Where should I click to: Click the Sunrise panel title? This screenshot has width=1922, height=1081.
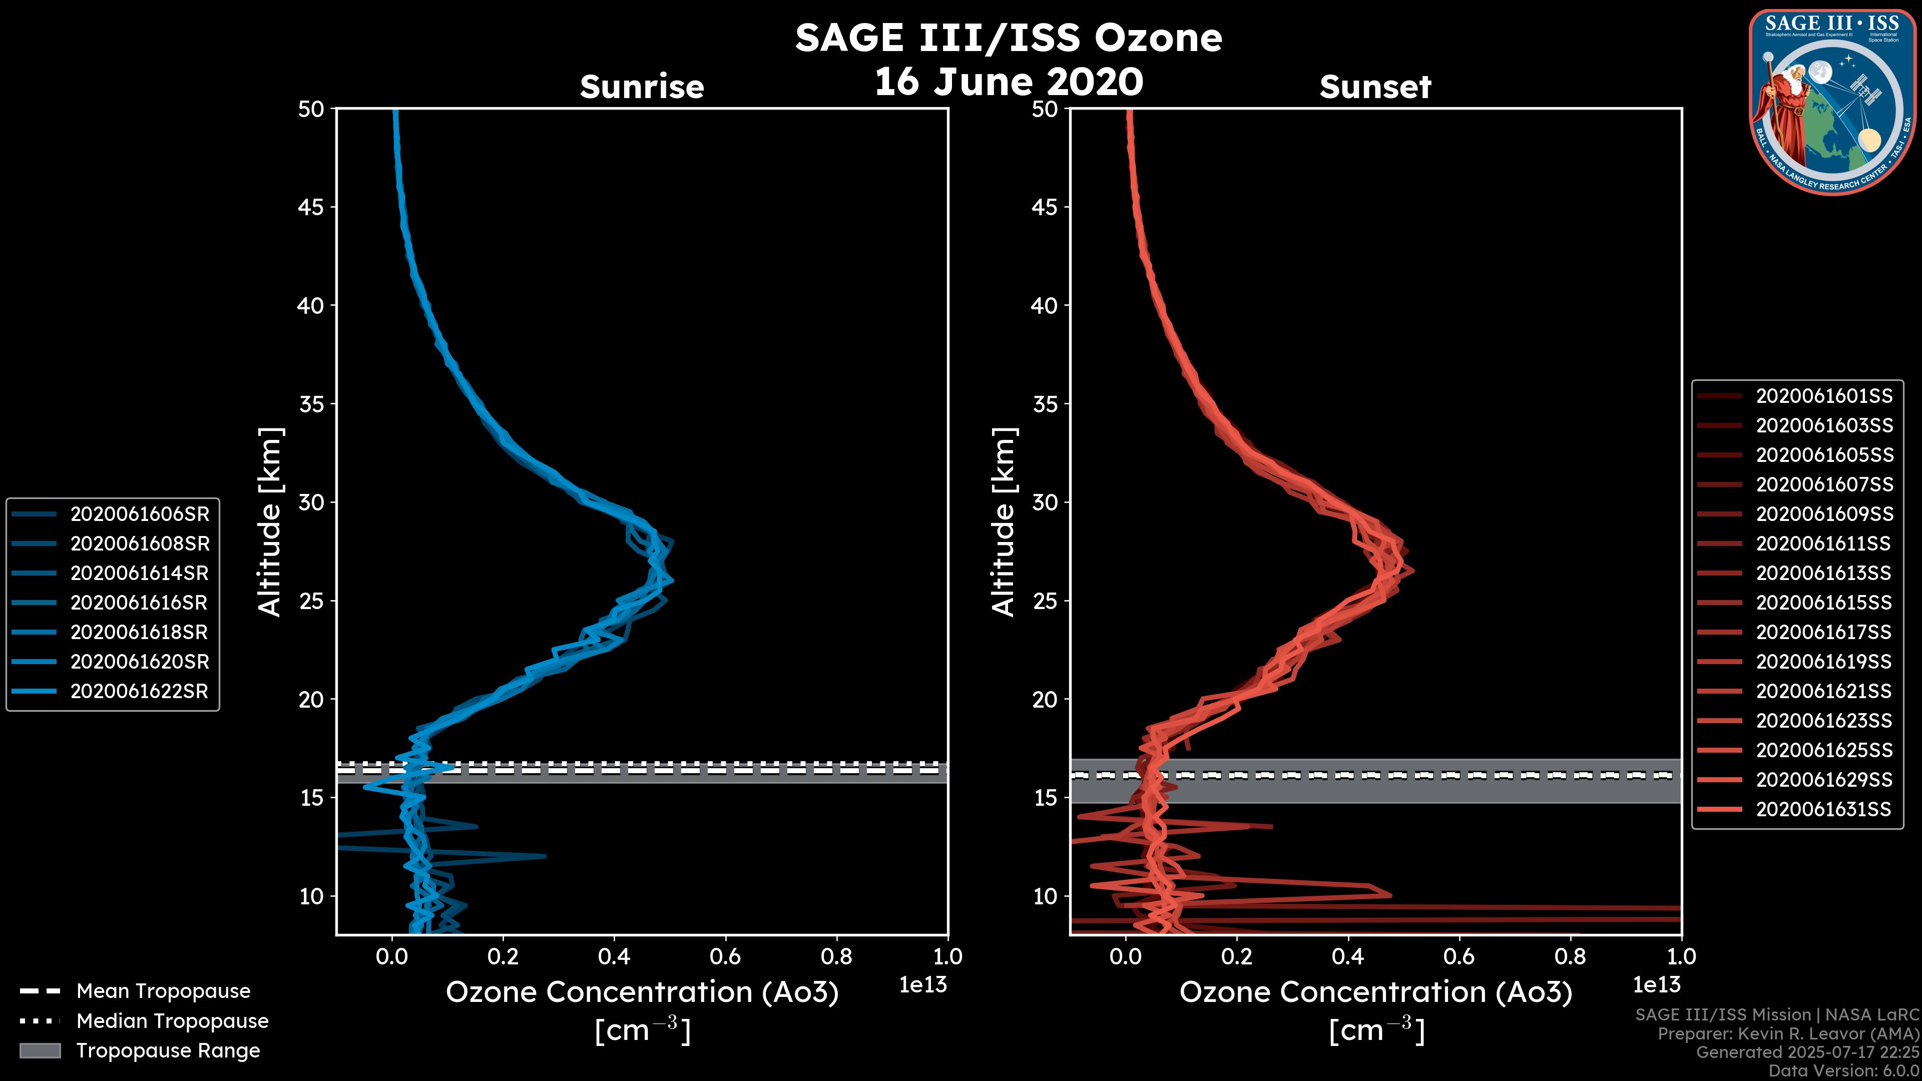click(x=642, y=87)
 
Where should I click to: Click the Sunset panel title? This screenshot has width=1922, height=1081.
click(x=1375, y=87)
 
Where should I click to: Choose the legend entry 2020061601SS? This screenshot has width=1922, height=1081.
click(x=1823, y=395)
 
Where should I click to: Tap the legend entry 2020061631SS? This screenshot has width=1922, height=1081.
click(x=1823, y=809)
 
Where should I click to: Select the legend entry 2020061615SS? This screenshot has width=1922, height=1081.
click(x=1823, y=603)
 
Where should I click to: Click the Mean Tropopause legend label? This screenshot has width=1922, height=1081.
click(x=163, y=991)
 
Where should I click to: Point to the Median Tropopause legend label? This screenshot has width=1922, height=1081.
click(x=172, y=1020)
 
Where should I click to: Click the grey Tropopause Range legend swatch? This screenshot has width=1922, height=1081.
click(x=40, y=1050)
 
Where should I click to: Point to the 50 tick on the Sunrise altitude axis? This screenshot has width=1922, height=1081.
click(x=311, y=109)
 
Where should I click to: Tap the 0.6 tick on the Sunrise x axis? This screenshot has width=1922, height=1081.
click(x=725, y=956)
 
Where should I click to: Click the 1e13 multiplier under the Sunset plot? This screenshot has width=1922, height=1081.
click(x=1656, y=985)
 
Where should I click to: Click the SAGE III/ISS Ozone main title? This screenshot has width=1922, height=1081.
click(x=1008, y=38)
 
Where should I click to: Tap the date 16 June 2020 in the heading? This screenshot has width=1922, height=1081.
click(x=1008, y=81)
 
